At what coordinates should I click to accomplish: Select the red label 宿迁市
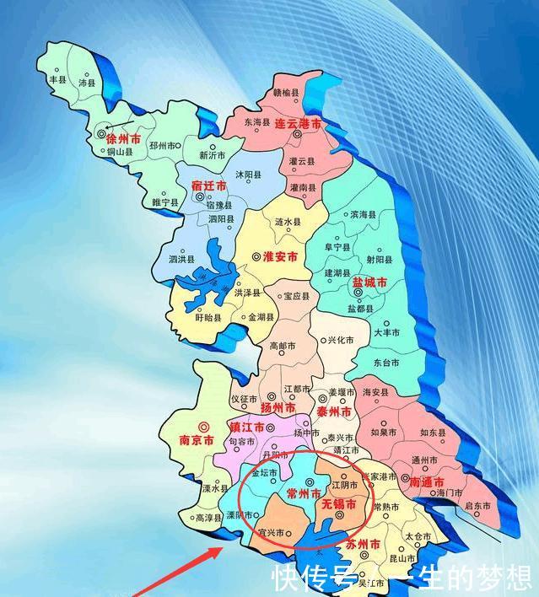[x=209, y=185]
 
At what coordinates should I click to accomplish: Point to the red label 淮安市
[x=278, y=256]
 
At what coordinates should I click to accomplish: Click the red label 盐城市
[x=369, y=283]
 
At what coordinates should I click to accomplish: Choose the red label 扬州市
[x=277, y=407]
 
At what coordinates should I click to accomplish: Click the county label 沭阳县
[x=248, y=175]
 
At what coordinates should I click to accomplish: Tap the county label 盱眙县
[x=207, y=318]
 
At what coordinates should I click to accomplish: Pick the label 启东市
[x=478, y=506]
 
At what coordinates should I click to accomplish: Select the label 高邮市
[x=282, y=346]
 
